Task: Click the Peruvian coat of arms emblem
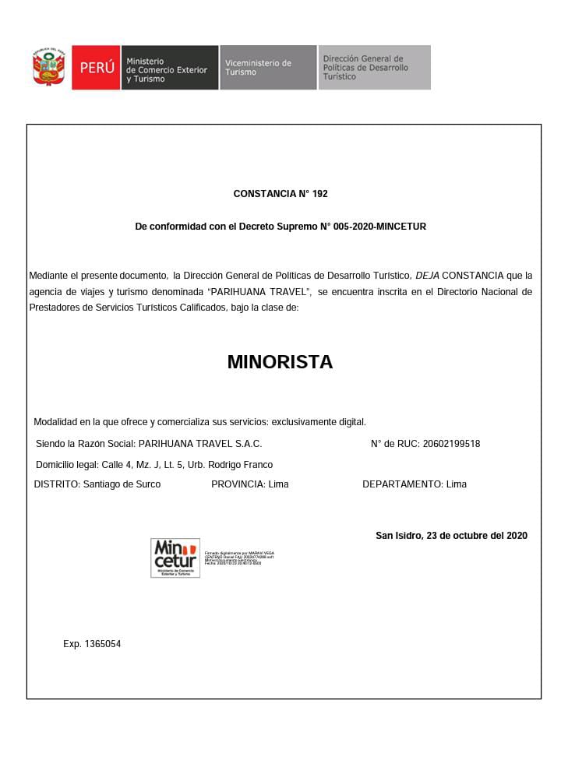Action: pos(49,68)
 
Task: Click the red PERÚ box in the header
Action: pos(97,68)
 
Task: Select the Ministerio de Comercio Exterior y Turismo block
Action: pos(169,68)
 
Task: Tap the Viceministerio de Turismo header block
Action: pos(267,68)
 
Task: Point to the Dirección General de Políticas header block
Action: pos(374,68)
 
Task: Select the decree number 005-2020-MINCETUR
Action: pos(378,227)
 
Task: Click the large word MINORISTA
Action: pos(280,362)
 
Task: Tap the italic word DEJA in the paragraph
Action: pos(427,276)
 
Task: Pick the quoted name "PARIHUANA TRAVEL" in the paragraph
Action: pos(260,292)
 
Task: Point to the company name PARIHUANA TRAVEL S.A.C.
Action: pos(199,444)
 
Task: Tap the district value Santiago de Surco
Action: pos(122,484)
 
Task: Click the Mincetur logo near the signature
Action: pos(175,558)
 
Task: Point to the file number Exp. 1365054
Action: pos(92,644)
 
